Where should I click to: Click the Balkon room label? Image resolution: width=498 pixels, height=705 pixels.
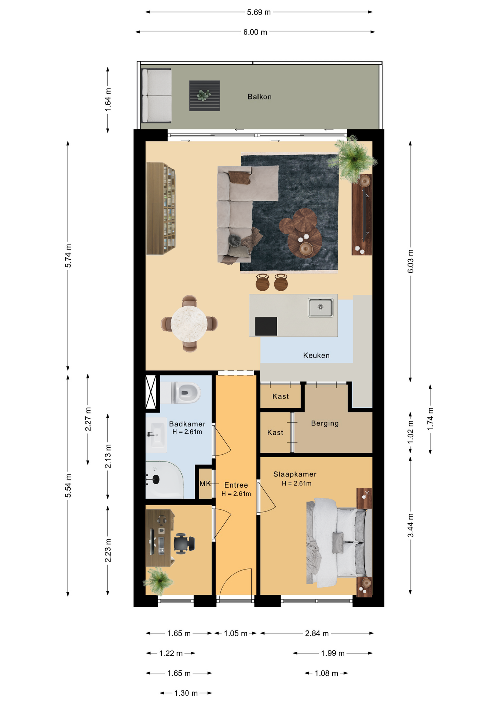click(259, 97)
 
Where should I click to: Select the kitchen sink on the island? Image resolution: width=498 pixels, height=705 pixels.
click(321, 307)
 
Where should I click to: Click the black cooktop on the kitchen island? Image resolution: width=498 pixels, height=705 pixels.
click(266, 326)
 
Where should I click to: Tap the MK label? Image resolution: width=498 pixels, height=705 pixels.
click(205, 484)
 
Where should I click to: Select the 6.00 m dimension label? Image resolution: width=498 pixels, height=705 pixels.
click(255, 32)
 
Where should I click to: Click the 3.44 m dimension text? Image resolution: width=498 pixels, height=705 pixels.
click(410, 525)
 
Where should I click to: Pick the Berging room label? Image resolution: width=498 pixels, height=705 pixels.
click(325, 423)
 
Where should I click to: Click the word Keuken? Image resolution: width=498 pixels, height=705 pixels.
click(316, 355)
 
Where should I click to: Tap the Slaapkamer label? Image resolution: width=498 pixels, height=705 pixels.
click(295, 474)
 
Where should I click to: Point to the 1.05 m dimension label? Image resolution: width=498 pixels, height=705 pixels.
click(235, 633)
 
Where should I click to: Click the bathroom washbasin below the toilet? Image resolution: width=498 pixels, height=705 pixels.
click(156, 435)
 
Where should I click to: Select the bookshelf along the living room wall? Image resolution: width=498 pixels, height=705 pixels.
click(161, 208)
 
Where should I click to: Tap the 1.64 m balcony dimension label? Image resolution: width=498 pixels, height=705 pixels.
click(108, 100)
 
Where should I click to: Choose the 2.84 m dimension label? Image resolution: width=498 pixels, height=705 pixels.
click(317, 633)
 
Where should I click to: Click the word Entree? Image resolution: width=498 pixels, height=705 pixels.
click(236, 485)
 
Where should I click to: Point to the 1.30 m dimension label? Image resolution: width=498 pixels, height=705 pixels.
click(186, 693)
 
